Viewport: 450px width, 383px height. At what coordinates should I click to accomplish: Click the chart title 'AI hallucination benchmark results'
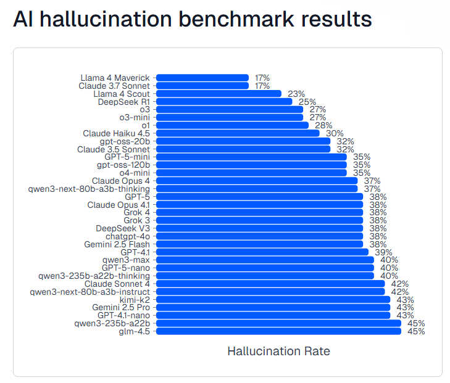192,20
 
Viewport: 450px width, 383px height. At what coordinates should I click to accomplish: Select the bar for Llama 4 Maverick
202,78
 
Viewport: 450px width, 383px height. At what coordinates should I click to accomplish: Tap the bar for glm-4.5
278,331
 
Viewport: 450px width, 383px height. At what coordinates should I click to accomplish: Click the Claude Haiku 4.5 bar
238,133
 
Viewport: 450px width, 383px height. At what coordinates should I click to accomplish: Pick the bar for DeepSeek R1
224,102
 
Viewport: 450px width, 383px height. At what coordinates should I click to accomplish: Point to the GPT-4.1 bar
262,252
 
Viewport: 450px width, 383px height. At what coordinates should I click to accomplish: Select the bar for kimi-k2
273,299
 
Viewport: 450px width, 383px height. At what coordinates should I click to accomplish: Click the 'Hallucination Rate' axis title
278,352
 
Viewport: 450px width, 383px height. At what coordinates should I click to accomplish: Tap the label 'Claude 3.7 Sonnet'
114,86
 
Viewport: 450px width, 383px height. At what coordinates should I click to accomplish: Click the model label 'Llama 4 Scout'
121,94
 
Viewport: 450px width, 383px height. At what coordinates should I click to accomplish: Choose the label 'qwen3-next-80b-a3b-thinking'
89,189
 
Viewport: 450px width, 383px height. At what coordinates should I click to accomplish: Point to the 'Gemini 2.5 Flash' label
117,244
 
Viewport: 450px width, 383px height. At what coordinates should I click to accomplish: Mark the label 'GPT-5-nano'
125,268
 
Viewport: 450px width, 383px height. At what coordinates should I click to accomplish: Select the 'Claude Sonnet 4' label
117,284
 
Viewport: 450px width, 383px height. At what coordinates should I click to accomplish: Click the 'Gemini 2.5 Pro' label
121,307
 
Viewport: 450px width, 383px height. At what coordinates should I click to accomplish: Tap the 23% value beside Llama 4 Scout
296,94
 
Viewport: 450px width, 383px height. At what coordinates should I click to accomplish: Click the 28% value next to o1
323,125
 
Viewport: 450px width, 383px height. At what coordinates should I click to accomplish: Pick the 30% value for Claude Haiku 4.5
335,133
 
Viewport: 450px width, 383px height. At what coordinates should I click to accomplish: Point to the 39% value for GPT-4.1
383,252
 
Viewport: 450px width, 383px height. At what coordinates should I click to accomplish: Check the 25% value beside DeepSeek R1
307,102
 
